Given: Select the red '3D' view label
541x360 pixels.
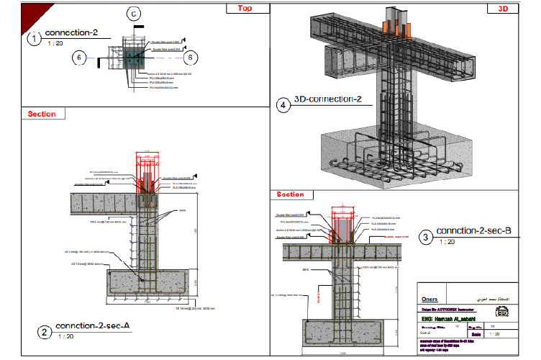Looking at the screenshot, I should pos(501,9).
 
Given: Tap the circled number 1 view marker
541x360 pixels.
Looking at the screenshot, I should pos(34,39).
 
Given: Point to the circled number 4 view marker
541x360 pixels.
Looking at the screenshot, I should pos(283,105).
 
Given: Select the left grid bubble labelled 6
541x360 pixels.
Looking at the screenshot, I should pos(81,58).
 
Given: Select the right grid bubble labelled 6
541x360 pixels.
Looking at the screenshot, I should pos(190,58).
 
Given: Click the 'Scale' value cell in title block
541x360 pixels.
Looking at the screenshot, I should pos(496,333).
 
